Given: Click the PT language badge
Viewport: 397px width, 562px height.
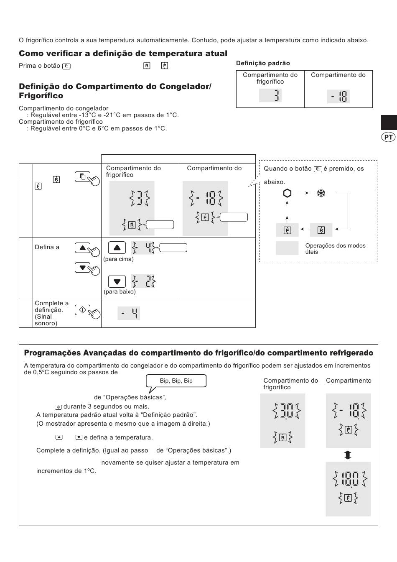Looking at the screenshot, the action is [388, 137].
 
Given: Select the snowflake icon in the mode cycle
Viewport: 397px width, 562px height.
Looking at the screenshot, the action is [321, 193].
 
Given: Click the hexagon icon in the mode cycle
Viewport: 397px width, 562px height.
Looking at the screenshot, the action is [287, 193].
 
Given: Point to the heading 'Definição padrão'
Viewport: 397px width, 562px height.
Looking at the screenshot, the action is [263, 63].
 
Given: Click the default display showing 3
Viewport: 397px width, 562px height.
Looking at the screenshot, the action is [270, 95].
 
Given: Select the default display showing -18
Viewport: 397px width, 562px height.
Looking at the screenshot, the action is [338, 96].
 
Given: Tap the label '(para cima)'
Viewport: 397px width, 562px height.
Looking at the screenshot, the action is [118, 259].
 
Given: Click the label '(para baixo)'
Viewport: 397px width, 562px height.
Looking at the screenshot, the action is [120, 291].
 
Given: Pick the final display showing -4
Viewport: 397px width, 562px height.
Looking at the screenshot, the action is [129, 313].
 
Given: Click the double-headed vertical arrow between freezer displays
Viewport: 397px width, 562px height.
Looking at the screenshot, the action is [348, 455].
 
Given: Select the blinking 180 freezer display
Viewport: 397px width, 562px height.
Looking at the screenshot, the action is [348, 489].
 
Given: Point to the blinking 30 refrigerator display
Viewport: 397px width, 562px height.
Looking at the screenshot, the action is [282, 421].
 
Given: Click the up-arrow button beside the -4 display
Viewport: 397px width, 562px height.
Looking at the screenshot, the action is [117, 248].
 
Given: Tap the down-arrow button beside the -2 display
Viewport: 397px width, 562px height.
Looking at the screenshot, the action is [117, 281].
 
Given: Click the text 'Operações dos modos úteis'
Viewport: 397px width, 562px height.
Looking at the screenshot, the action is [335, 249].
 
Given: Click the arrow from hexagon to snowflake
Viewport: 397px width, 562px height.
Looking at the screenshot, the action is [304, 193].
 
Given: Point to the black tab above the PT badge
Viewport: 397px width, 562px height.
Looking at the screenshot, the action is [389, 123].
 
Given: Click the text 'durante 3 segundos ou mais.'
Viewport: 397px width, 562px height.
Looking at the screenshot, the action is [106, 406].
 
